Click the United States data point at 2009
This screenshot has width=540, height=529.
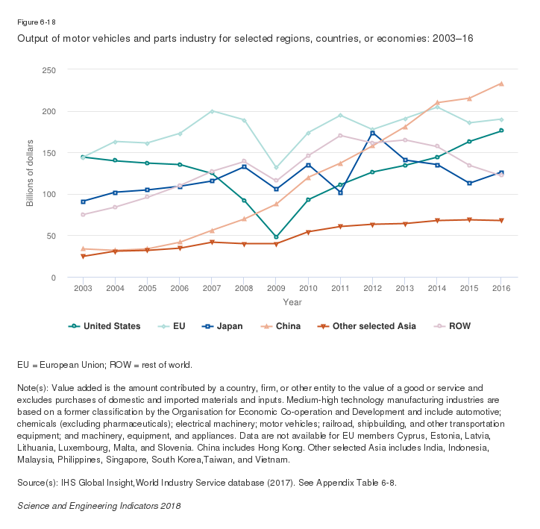tap(276, 237)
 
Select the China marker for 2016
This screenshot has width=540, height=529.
tap(501, 84)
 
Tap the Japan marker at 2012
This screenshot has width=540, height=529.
tap(372, 134)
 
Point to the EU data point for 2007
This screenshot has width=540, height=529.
tap(212, 111)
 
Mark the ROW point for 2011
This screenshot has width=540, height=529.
tap(340, 135)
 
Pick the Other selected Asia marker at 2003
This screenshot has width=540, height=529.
tap(83, 257)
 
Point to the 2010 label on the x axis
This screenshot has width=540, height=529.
tap(308, 287)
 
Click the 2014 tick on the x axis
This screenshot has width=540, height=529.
tap(436, 287)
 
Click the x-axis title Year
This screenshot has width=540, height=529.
tap(292, 302)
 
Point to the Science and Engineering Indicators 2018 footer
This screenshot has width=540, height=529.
tap(98, 505)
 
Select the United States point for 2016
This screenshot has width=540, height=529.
tap(501, 131)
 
